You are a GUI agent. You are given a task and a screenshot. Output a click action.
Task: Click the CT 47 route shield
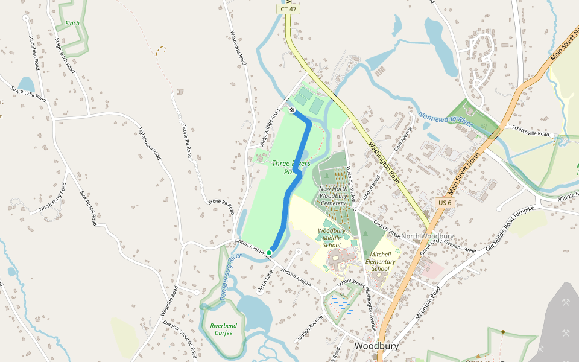click(x=288, y=9)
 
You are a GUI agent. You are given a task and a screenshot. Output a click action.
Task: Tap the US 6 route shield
click(x=445, y=203)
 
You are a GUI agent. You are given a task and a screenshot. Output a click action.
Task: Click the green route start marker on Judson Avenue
click(x=269, y=253)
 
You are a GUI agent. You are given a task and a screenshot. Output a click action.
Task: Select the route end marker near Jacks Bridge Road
click(x=291, y=110)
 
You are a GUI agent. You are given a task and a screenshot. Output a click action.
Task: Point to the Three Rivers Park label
click(x=291, y=167)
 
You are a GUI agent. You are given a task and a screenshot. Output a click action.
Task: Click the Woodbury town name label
click(x=377, y=346)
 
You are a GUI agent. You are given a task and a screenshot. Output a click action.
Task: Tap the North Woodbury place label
click(x=427, y=236)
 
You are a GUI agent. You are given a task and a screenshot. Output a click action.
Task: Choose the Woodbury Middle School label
click(x=332, y=238)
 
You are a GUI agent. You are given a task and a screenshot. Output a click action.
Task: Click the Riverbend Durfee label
click(x=224, y=329)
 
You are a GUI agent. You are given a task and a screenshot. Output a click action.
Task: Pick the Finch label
click(x=72, y=24)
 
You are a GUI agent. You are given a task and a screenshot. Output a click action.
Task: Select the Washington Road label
click(x=384, y=162)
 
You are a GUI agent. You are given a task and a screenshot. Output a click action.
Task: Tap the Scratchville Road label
click(x=531, y=130)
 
